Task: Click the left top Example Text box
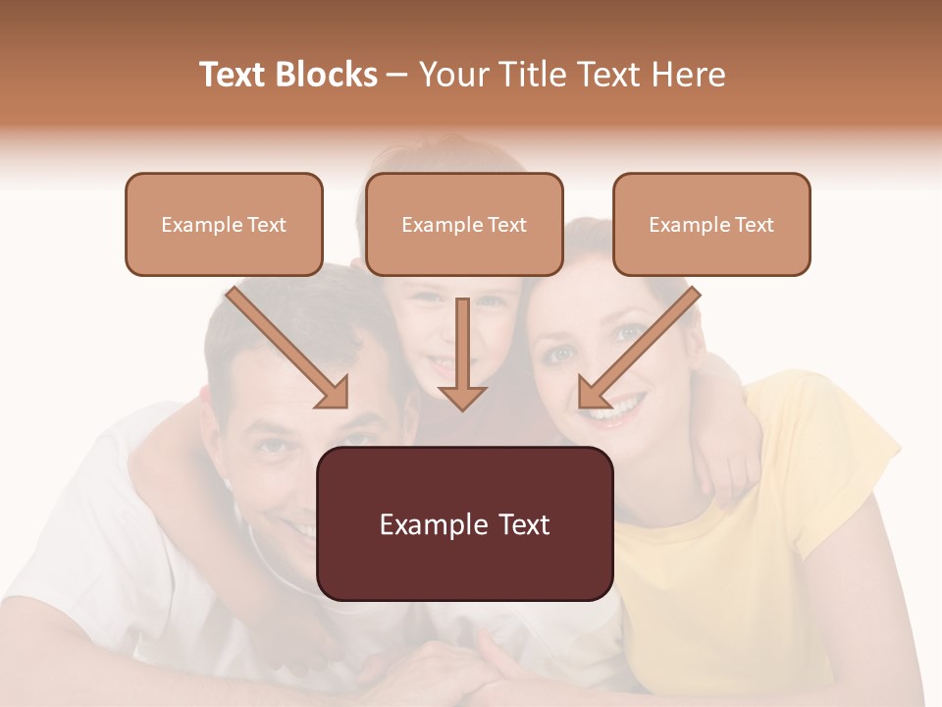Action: pyautogui.click(x=224, y=225)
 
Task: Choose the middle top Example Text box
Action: pyautogui.click(x=464, y=225)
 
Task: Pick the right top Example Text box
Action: pyautogui.click(x=711, y=225)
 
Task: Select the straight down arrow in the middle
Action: pyautogui.click(x=462, y=353)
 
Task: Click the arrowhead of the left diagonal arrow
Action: pyautogui.click(x=334, y=393)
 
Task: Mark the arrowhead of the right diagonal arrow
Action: pyautogui.click(x=593, y=393)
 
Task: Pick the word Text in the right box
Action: pyautogui.click(x=754, y=225)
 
